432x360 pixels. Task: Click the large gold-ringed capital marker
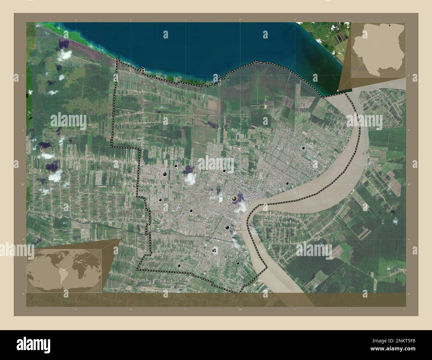point(235,199)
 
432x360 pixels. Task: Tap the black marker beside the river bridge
point(227,227)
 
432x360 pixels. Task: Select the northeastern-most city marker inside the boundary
point(303,148)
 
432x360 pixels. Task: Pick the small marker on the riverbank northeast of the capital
point(287,183)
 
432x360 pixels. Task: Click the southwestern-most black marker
point(179,265)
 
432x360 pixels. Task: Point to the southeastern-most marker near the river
point(238,263)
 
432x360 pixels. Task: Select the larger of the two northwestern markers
point(165,174)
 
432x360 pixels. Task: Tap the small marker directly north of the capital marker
point(224,171)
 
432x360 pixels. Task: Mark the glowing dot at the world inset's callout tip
point(120,238)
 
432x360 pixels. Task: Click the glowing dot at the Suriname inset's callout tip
point(338,90)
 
